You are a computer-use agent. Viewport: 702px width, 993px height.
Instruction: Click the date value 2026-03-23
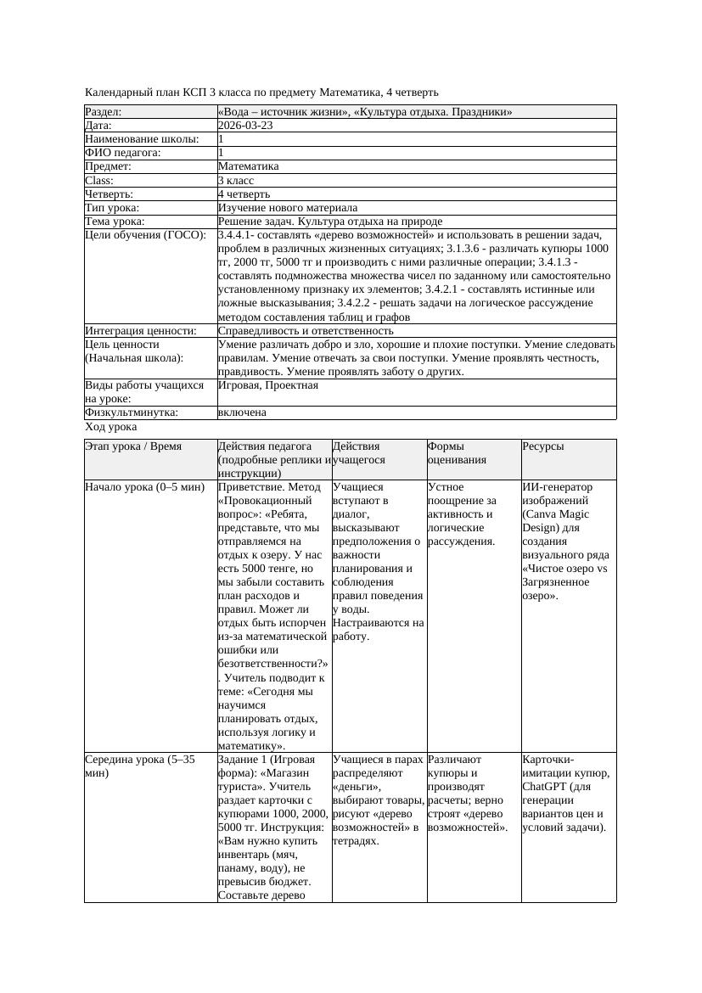click(245, 126)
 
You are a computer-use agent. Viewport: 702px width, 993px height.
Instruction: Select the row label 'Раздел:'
click(104, 112)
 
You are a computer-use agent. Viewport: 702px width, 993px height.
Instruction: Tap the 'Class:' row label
click(99, 181)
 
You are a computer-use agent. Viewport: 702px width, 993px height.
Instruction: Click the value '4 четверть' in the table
click(244, 194)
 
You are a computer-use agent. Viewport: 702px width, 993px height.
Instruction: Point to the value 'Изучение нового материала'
click(287, 208)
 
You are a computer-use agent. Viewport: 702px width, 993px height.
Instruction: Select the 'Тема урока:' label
click(115, 222)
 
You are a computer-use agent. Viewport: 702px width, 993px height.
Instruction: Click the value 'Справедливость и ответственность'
click(306, 331)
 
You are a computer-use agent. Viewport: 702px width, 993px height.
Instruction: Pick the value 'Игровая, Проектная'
click(268, 385)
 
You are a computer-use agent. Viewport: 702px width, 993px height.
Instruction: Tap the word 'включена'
click(242, 412)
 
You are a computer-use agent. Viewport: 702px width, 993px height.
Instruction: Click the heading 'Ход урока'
click(110, 428)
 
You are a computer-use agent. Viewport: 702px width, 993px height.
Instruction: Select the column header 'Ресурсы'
click(543, 446)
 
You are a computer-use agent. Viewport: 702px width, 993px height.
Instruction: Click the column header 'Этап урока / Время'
click(133, 446)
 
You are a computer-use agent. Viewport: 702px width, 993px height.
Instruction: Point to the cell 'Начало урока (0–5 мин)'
click(145, 488)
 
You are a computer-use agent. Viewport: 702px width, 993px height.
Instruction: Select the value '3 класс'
click(236, 181)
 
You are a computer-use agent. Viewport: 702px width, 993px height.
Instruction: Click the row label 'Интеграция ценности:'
click(140, 331)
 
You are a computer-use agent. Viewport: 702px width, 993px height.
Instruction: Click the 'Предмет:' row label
click(108, 167)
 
